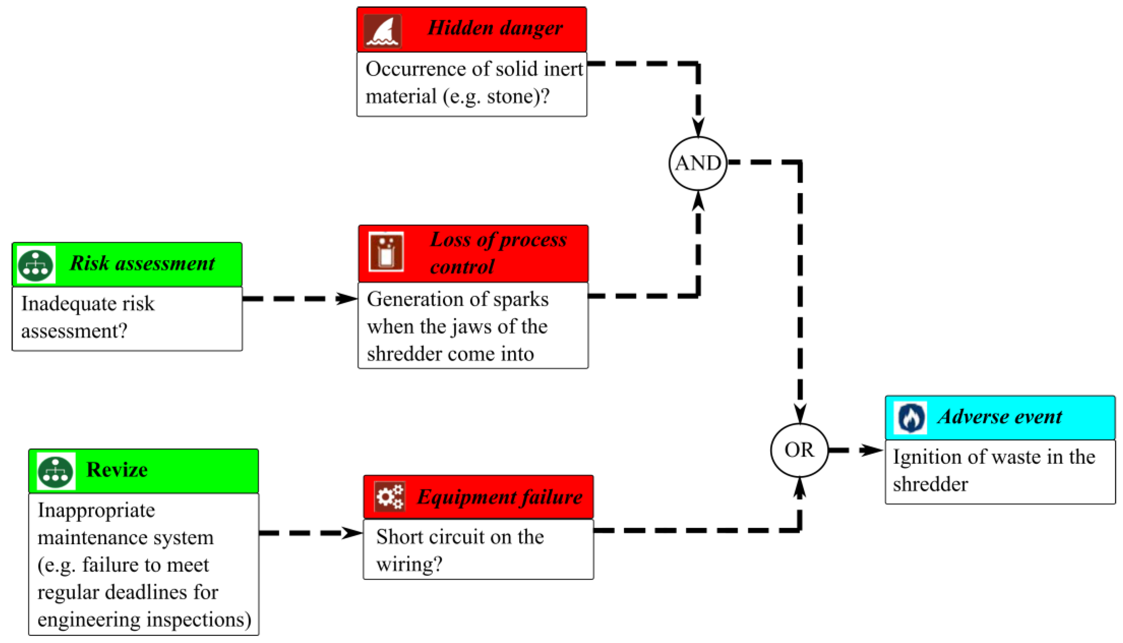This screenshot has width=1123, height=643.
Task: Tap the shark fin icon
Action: tap(382, 31)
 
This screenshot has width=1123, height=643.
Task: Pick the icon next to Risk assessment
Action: tap(36, 265)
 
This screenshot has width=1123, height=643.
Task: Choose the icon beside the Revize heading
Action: tap(56, 472)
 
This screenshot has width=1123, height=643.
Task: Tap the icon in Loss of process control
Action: tap(386, 252)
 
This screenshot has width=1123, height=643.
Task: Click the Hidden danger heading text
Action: tap(495, 28)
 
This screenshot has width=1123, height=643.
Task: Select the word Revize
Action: tap(117, 470)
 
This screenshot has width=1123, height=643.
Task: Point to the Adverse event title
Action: tap(1000, 416)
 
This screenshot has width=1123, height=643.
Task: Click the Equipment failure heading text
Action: tap(500, 497)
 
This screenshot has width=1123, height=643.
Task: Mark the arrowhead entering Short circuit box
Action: tap(352, 533)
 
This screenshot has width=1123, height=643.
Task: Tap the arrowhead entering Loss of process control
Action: tap(346, 298)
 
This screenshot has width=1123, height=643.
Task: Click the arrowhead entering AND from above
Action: tap(698, 127)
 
